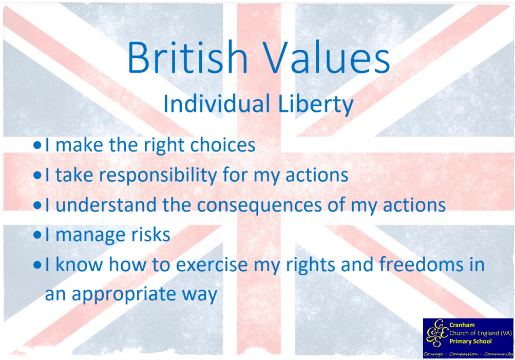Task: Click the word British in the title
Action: (x=187, y=57)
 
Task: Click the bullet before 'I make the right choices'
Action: (x=37, y=145)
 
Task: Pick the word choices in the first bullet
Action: (x=223, y=144)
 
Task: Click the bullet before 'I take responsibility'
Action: (x=37, y=175)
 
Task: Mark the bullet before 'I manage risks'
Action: (x=37, y=235)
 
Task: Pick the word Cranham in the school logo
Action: (x=462, y=325)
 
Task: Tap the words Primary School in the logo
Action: (x=470, y=342)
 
